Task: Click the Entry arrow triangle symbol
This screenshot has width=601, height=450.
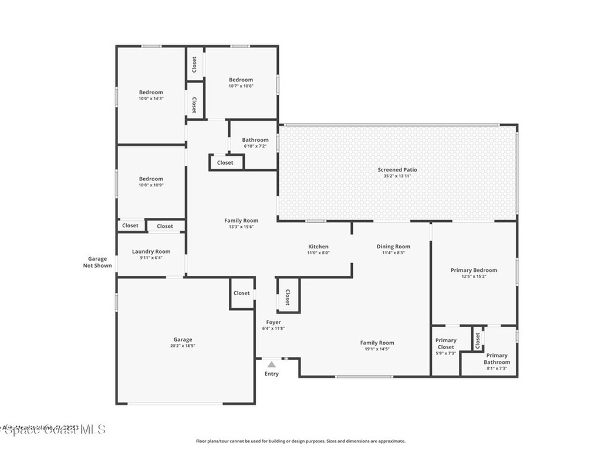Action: tap(271, 364)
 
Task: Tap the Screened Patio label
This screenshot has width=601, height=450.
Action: tap(397, 170)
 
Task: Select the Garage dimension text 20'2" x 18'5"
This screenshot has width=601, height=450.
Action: tap(183, 346)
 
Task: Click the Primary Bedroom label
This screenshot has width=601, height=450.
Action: tap(474, 270)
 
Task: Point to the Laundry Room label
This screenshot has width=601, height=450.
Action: tap(151, 251)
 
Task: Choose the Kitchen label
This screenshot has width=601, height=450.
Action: tap(319, 247)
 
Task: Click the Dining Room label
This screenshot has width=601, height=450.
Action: tap(393, 247)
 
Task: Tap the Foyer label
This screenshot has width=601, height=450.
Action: tap(274, 322)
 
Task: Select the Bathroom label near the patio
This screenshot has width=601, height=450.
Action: tap(255, 140)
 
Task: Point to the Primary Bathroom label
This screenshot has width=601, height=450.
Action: tap(497, 359)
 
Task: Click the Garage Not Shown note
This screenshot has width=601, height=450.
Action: tap(97, 262)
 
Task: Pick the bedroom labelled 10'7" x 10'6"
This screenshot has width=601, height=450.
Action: tap(241, 80)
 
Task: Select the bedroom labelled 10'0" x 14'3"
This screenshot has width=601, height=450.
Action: tap(151, 92)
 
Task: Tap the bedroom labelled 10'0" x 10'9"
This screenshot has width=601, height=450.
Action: tap(151, 179)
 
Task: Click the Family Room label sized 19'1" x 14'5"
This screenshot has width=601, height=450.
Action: tap(377, 343)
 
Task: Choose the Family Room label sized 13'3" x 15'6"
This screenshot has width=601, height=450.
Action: tap(241, 220)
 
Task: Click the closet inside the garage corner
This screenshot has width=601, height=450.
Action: tap(241, 293)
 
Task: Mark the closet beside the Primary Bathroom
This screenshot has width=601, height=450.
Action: tap(477, 340)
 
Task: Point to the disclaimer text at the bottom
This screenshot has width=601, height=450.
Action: tap(300, 441)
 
